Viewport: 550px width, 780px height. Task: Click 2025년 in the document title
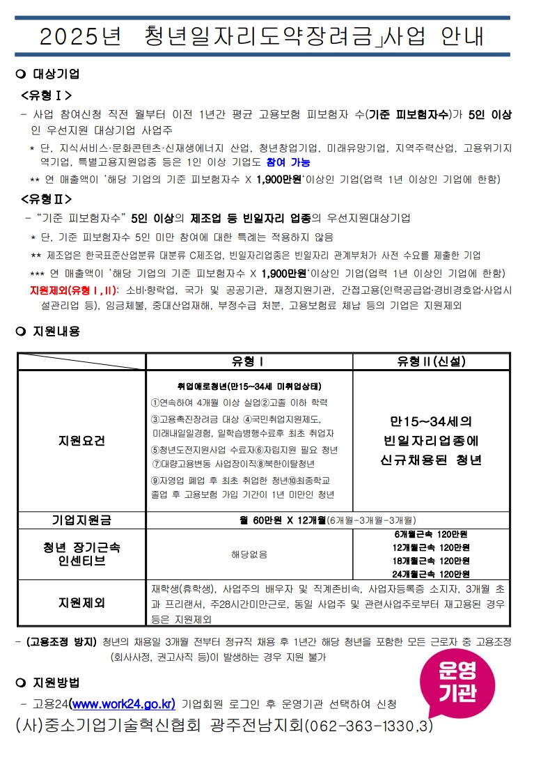coord(80,36)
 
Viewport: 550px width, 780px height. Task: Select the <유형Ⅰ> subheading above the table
coord(47,95)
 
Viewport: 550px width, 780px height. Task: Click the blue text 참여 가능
coord(288,162)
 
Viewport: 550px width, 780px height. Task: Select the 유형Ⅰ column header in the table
coord(249,361)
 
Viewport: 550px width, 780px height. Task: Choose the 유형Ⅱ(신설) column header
coord(431,361)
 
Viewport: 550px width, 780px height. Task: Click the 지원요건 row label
coord(81,441)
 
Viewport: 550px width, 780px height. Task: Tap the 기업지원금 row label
coord(81,520)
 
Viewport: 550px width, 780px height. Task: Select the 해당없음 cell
coord(249,554)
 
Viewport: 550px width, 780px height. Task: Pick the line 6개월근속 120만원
coord(431,534)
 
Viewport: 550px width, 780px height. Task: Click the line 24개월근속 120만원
coord(431,574)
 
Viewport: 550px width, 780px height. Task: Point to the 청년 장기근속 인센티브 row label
coord(81,554)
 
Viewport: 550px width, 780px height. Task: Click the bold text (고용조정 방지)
coord(61,641)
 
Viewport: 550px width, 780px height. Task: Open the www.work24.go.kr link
coord(123,703)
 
